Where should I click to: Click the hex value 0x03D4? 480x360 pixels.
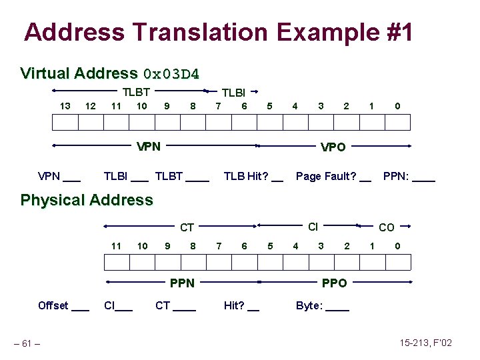[171, 73]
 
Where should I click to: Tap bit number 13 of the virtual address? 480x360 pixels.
[65, 105]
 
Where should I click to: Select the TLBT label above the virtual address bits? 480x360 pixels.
[136, 93]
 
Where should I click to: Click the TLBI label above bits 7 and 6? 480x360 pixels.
[233, 93]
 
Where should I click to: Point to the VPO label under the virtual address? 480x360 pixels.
[333, 147]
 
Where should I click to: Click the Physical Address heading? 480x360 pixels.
[87, 200]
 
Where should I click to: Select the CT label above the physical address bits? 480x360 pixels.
[187, 228]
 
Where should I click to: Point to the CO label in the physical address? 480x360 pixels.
[386, 228]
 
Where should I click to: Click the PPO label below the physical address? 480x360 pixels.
[334, 283]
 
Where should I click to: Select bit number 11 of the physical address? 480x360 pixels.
[116, 246]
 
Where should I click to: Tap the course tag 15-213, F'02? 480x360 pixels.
[426, 343]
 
